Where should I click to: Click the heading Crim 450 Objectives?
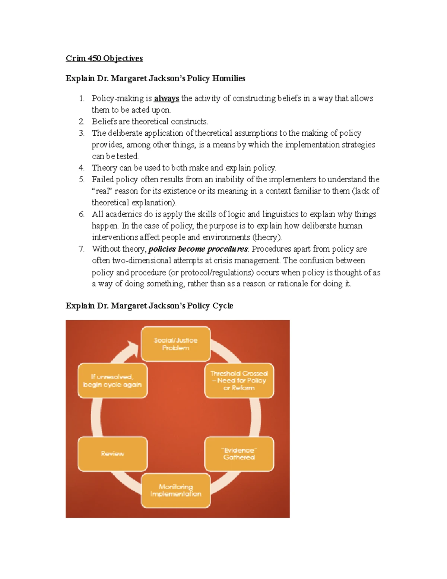[104, 58]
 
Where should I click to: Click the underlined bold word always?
[167, 98]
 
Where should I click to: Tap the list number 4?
[82, 168]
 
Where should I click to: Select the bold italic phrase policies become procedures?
[198, 249]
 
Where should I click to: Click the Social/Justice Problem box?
[176, 344]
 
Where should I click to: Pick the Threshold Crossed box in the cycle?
[239, 380]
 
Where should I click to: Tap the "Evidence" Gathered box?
[239, 454]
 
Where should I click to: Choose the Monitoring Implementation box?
[176, 490]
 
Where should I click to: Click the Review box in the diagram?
[112, 454]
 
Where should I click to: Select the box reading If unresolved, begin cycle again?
[112, 380]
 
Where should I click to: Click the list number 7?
[82, 249]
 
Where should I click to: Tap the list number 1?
[82, 98]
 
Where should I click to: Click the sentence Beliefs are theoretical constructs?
[150, 122]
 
